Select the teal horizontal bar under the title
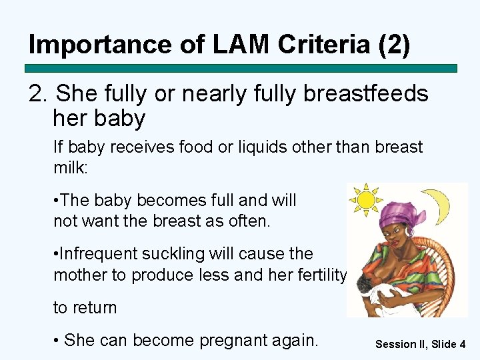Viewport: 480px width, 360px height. click(x=241, y=68)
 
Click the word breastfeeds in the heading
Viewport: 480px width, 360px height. click(x=365, y=94)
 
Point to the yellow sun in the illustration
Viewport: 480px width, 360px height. click(x=366, y=199)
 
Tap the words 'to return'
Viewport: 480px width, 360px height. click(x=85, y=308)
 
